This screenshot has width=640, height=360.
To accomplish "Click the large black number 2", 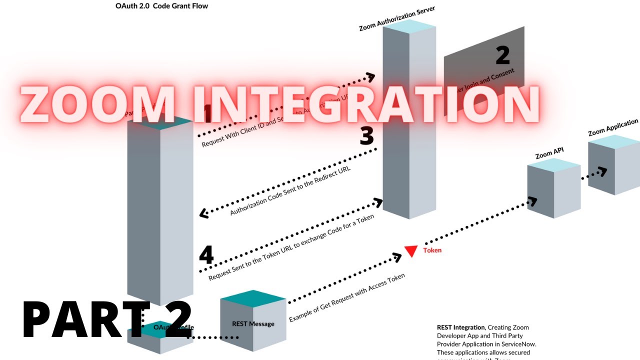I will pyautogui.click(x=502, y=55).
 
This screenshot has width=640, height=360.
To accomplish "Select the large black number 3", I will pyautogui.click(x=367, y=136).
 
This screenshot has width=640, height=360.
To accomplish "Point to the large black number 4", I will pyautogui.click(x=206, y=255).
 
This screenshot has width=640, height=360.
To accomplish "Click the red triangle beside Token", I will pyautogui.click(x=411, y=251).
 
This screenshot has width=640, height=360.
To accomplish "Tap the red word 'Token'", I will pyautogui.click(x=432, y=250).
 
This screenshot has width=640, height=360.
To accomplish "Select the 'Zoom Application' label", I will pyautogui.click(x=612, y=127).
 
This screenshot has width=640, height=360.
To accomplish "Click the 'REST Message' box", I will pyautogui.click(x=253, y=324).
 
